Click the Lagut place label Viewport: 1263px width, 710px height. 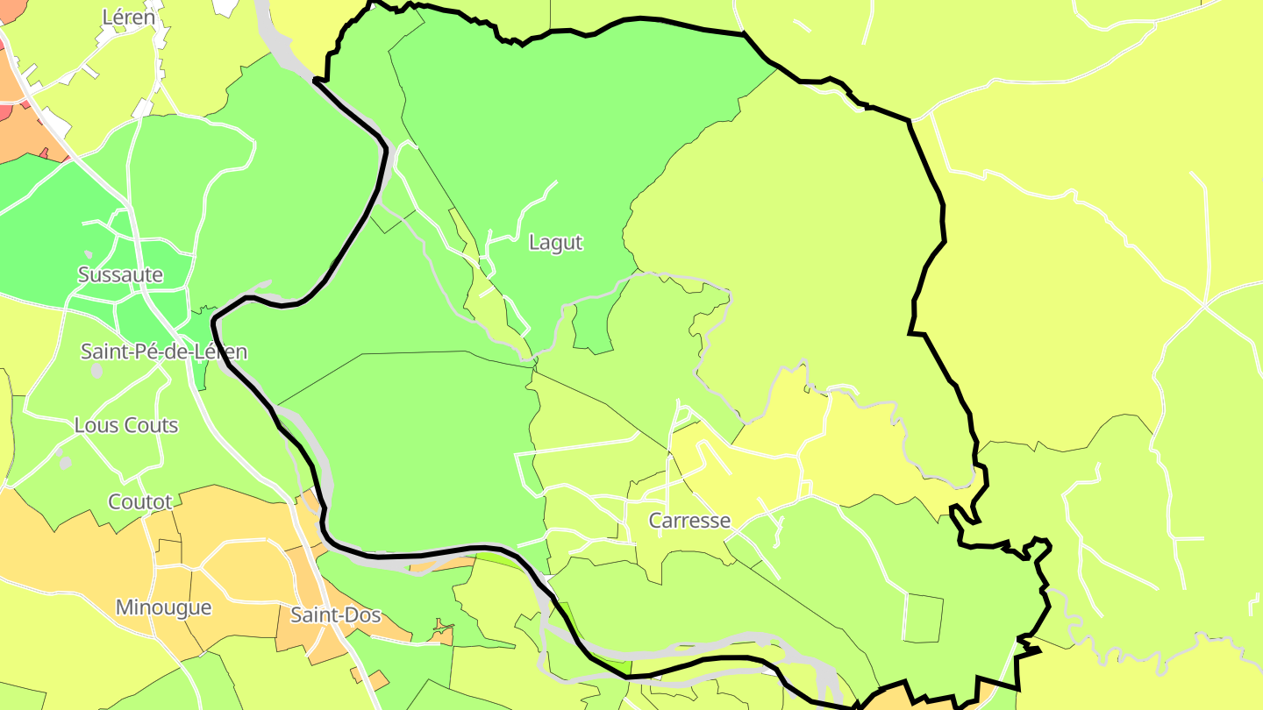555,243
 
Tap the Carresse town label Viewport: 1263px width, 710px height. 689,521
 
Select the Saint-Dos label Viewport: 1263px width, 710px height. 336,615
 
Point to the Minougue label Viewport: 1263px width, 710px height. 164,607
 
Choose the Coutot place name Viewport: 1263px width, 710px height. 140,502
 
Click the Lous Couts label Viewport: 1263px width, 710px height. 126,426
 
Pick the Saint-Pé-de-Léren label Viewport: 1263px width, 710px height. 164,352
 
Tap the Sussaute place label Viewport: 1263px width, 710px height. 120,275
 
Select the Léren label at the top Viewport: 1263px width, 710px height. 129,17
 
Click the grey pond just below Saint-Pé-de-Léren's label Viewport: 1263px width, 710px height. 96,371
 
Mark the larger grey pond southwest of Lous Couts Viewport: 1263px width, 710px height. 64,461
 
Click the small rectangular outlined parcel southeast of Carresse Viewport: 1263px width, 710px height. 923,618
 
